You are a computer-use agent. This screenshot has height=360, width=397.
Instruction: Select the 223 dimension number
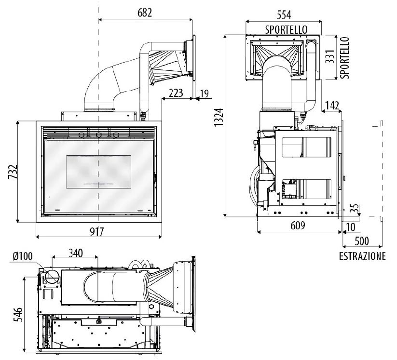coord(176,93)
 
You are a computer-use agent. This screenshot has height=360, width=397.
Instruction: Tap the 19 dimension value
coord(205,93)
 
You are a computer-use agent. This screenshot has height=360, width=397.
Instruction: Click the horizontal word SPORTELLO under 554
coord(286,30)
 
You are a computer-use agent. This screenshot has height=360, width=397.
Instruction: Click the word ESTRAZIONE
coord(362,256)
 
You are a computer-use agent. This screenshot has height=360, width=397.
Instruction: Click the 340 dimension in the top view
coord(75,253)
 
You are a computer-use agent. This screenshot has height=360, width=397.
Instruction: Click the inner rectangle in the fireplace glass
coord(98,172)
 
